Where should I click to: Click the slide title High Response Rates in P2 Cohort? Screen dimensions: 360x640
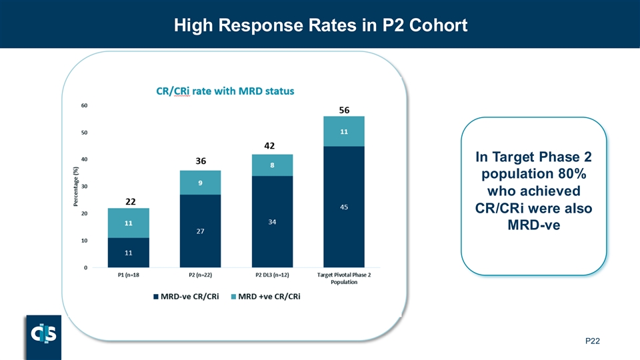pos(320,25)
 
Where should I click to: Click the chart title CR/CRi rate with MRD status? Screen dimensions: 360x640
pos(225,91)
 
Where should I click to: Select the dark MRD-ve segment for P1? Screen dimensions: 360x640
pos(129,253)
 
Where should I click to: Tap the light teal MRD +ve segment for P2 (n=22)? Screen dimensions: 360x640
pos(201,183)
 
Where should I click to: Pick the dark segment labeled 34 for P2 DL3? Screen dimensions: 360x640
pos(272,221)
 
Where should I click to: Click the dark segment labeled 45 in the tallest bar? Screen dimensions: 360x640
pos(344,207)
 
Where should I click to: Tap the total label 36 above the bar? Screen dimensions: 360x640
pos(201,161)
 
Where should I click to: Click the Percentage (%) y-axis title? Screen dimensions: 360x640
pos(75,186)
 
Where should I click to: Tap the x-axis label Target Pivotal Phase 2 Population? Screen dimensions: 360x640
pos(344,279)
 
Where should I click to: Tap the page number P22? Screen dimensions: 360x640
pos(593,341)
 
